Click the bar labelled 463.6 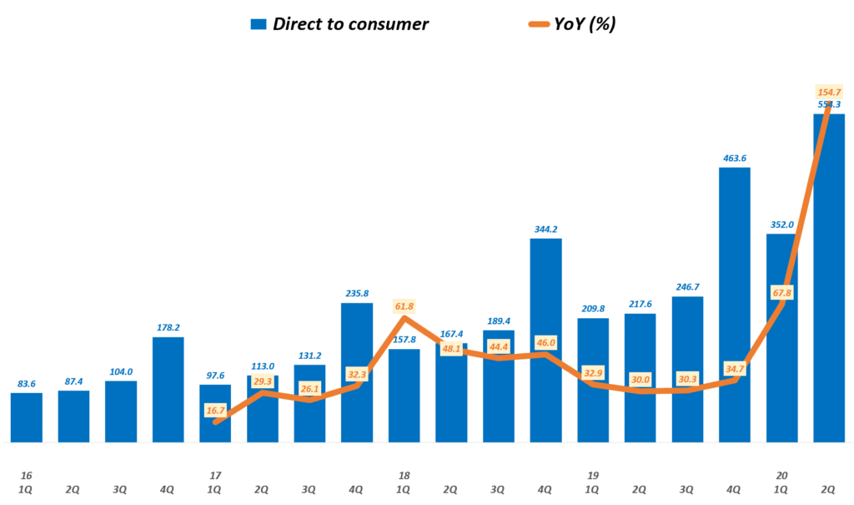tap(734, 305)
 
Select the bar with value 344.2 tap(545, 340)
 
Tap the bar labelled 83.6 tap(27, 417)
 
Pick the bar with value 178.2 tap(168, 389)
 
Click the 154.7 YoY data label tap(829, 92)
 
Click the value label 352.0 tap(781, 224)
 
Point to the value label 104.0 tap(121, 371)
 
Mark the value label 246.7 tap(687, 286)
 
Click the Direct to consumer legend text tap(350, 23)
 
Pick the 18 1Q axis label tap(404, 481)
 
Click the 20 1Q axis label tap(781, 481)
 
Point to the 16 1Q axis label tap(26, 481)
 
